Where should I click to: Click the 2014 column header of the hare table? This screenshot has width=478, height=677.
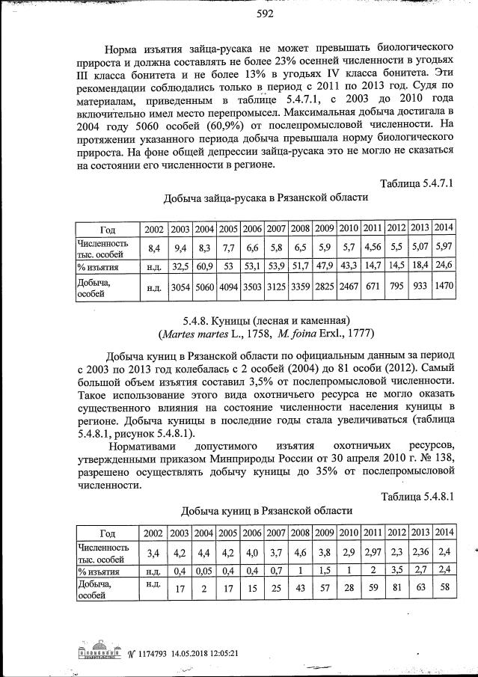444,227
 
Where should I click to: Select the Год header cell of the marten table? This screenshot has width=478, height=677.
107,533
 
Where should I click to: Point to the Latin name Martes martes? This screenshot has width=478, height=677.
191,334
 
